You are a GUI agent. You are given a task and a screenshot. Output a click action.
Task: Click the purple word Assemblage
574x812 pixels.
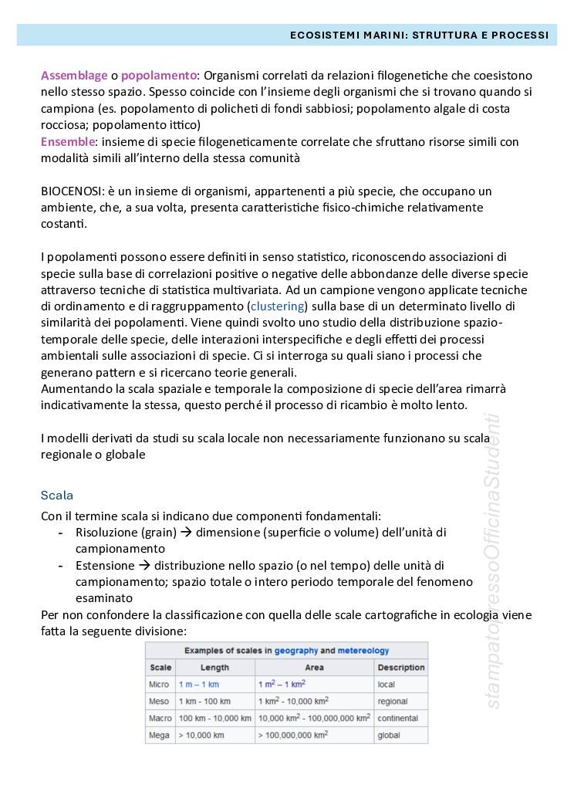[x=74, y=76]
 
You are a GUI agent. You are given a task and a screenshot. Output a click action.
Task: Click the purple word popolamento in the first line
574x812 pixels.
[x=159, y=76]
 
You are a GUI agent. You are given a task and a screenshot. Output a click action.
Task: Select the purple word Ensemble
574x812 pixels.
[x=68, y=142]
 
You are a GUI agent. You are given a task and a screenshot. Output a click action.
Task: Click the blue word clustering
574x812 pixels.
[x=278, y=306]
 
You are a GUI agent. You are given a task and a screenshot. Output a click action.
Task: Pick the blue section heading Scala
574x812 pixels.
[x=57, y=495]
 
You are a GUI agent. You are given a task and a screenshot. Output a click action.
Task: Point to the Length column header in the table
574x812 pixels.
[x=215, y=668]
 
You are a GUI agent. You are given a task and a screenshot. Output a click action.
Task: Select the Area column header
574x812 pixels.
[x=314, y=668]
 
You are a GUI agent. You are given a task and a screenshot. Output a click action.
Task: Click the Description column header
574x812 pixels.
[x=401, y=668]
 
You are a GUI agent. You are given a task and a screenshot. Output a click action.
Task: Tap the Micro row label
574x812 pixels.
[x=160, y=685]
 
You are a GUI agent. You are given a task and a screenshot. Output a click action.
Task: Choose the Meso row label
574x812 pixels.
[x=160, y=702]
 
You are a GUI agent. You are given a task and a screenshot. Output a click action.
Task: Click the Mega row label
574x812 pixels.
[x=160, y=736]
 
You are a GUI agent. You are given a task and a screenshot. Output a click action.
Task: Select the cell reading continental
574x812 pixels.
[x=398, y=719]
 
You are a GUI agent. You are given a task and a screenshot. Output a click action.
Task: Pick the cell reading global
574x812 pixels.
[x=389, y=736]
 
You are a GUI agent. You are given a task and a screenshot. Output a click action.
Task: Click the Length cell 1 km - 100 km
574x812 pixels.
[x=204, y=702]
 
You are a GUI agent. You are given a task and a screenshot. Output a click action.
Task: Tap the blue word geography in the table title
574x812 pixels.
[x=296, y=651]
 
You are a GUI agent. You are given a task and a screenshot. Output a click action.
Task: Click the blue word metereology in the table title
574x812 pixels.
[x=363, y=651]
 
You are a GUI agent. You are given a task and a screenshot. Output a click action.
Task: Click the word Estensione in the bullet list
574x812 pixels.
[x=103, y=566]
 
